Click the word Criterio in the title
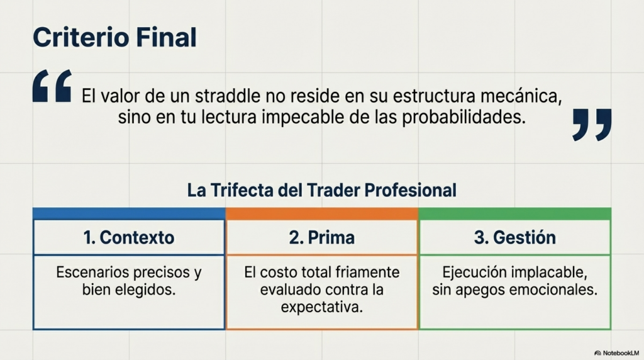(81, 37)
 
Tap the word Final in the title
(166, 37)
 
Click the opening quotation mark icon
(52, 86)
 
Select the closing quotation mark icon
(592, 125)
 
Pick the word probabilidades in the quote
(464, 118)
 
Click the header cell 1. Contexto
(129, 237)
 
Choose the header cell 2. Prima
(321, 237)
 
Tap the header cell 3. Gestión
(515, 237)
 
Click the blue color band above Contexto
(129, 214)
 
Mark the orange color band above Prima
(322, 214)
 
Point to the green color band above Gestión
(515, 214)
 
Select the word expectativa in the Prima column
(322, 307)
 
